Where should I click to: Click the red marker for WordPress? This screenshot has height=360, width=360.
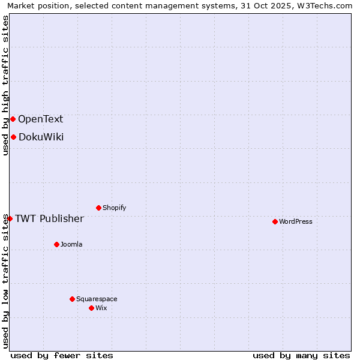coord(275,221)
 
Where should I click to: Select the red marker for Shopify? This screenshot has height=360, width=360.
coord(98,208)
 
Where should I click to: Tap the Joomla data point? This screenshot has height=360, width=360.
coord(56,244)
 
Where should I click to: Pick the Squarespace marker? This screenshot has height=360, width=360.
coord(72,299)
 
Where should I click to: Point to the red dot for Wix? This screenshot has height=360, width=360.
coord(91,308)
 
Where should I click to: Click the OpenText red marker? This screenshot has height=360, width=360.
coord(13,119)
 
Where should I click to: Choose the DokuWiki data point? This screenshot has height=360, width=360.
coord(13,137)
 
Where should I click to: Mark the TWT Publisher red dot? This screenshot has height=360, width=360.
coord(10,218)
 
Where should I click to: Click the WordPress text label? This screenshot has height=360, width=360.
coord(296,221)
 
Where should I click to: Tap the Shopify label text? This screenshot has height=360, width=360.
coord(115,208)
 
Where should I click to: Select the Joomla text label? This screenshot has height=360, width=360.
coord(71,244)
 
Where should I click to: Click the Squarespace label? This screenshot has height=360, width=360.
coord(97,299)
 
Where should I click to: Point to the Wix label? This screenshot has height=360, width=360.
coord(101,308)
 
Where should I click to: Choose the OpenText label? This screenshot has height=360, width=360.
coord(40,119)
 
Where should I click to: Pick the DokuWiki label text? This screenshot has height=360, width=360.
coord(41,137)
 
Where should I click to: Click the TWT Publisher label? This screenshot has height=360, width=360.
coord(49,218)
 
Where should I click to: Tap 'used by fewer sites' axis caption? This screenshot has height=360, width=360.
coord(62,355)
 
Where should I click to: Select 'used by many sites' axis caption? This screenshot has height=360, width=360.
coord(301,355)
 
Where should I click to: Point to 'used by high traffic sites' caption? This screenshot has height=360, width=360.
coord(5,85)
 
